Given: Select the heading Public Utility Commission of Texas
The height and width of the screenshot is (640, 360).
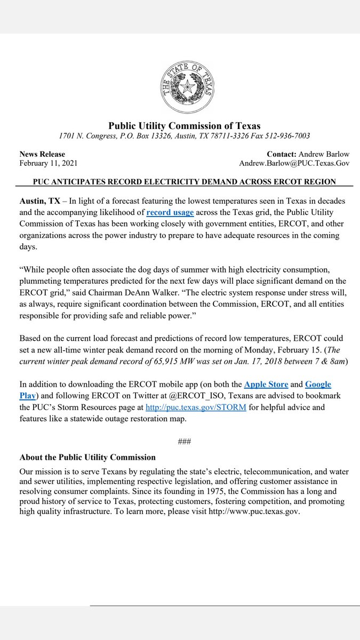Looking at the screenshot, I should (185, 126).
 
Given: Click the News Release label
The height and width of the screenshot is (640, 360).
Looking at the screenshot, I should (42, 154).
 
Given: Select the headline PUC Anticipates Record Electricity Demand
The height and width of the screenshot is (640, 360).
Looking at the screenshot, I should (184, 181).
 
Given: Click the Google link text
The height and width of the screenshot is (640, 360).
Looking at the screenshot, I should (318, 384).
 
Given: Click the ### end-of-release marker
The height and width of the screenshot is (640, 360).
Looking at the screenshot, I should (184, 442).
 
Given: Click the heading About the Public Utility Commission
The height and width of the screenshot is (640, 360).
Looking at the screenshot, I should (87, 457).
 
